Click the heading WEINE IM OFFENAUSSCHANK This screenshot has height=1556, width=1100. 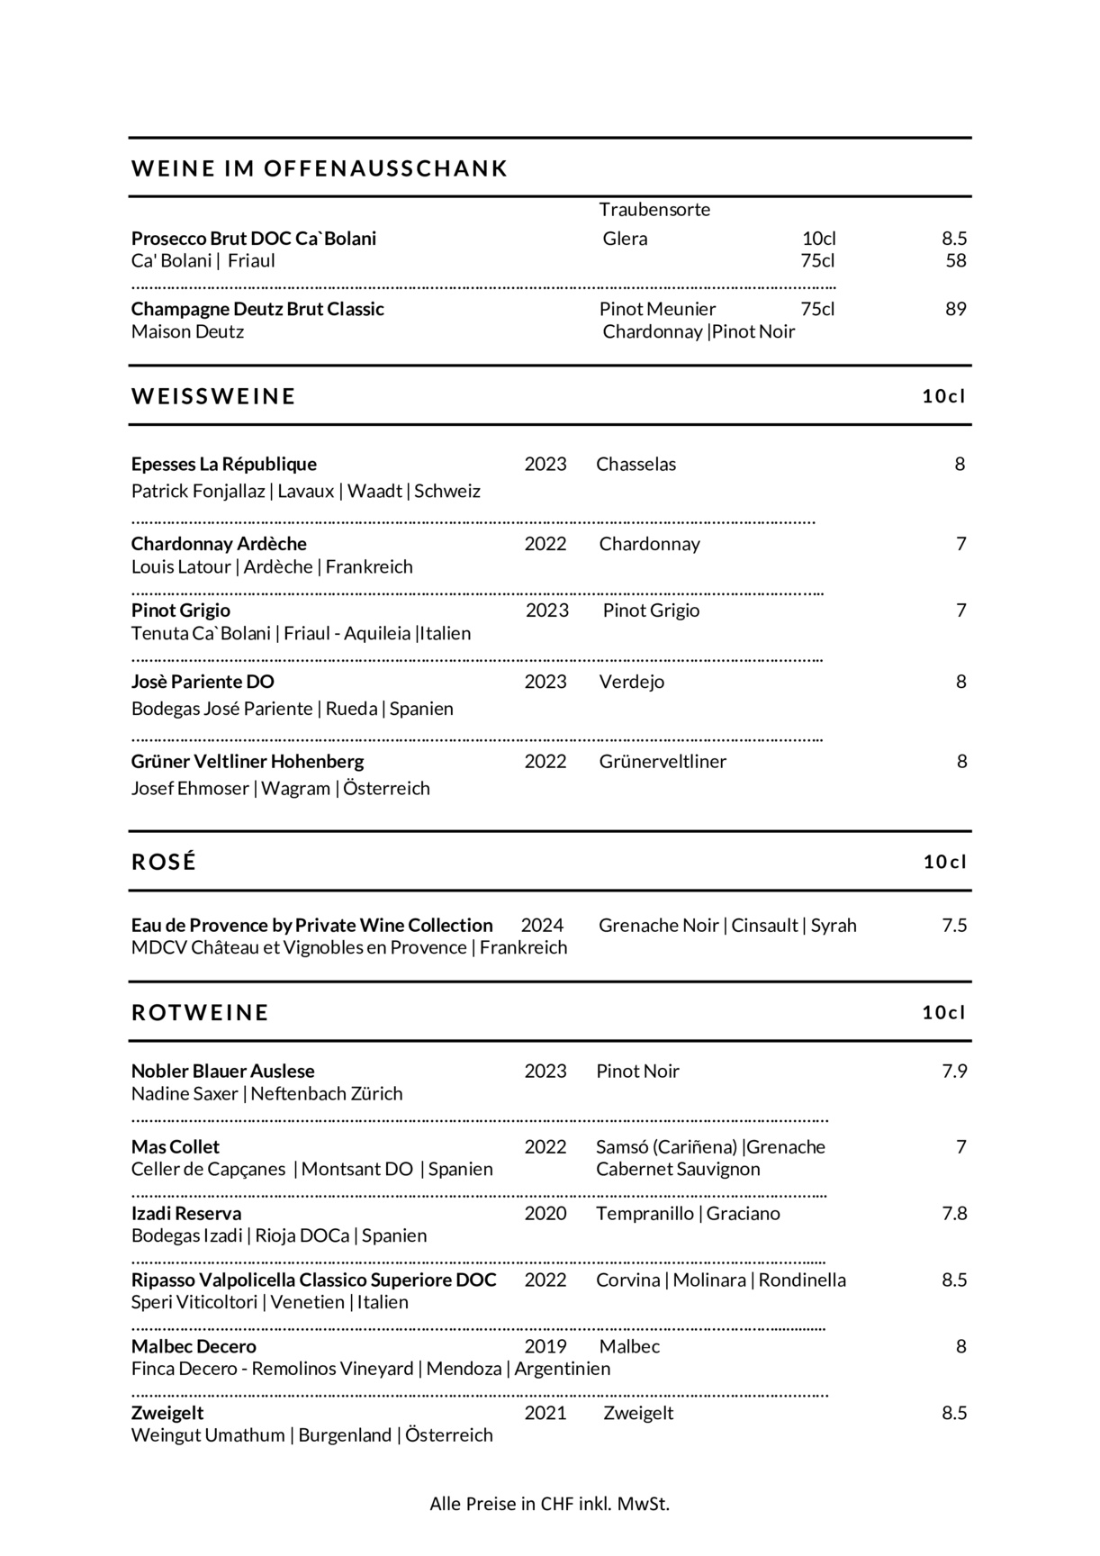pyautogui.click(x=320, y=168)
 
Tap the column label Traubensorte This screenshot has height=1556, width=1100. pyautogui.click(x=654, y=210)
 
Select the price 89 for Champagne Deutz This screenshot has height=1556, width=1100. pyautogui.click(x=955, y=309)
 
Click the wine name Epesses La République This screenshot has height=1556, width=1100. pyautogui.click(x=224, y=464)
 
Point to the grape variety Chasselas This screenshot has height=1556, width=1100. pyautogui.click(x=636, y=465)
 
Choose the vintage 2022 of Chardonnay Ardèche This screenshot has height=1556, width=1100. pyautogui.click(x=545, y=544)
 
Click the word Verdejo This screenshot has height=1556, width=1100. pyautogui.click(x=632, y=682)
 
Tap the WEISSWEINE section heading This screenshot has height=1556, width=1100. pyautogui.click(x=213, y=396)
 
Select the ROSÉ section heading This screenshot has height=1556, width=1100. pyautogui.click(x=164, y=862)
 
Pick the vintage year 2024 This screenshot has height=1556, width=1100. pyautogui.click(x=542, y=926)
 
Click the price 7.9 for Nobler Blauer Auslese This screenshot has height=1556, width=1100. pyautogui.click(x=954, y=1072)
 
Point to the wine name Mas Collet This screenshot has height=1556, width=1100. pyautogui.click(x=176, y=1147)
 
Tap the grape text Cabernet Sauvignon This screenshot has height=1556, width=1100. pyautogui.click(x=678, y=1170)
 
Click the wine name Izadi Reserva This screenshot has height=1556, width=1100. pyautogui.click(x=186, y=1214)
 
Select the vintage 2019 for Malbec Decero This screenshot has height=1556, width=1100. pyautogui.click(x=545, y=1347)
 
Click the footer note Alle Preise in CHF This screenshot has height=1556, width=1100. pyautogui.click(x=549, y=1504)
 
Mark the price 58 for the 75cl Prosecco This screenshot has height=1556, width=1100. pyautogui.click(x=955, y=261)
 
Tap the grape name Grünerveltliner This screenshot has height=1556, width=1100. pyautogui.click(x=663, y=762)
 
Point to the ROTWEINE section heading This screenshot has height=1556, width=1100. pyautogui.click(x=200, y=1012)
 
